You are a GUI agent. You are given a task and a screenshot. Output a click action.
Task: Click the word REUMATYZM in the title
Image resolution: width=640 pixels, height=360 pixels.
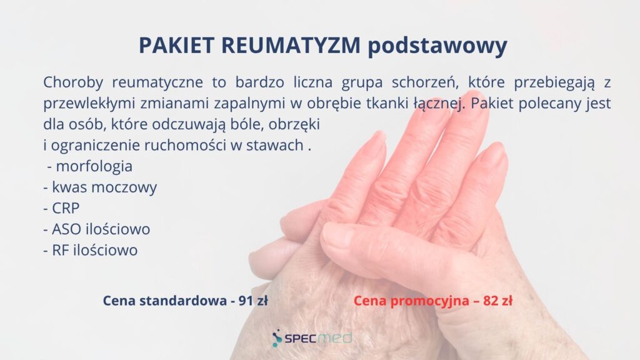[x=291, y=45]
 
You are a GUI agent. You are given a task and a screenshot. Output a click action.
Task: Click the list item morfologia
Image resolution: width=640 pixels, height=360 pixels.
[x=94, y=166]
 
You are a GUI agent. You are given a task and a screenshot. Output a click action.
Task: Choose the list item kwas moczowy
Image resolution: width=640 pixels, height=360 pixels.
[x=104, y=187]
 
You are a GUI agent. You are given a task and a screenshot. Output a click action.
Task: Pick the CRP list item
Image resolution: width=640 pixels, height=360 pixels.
[x=66, y=208]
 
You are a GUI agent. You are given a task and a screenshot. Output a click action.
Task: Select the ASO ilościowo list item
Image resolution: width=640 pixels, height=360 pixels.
[x=101, y=229]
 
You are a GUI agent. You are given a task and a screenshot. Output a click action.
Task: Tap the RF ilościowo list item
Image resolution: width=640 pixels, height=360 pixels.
[x=95, y=250]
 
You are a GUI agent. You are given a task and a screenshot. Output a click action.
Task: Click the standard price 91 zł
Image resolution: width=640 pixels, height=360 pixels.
[x=253, y=301]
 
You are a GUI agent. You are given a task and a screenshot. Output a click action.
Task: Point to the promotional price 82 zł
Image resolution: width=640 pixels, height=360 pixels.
[x=497, y=301]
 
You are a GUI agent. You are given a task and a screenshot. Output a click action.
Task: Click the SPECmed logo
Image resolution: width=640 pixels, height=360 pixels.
[x=312, y=338]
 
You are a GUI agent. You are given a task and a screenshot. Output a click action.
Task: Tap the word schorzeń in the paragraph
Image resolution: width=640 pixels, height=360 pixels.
[x=424, y=82]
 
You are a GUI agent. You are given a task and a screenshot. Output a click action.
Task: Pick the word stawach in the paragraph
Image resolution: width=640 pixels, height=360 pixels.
[x=275, y=145]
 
